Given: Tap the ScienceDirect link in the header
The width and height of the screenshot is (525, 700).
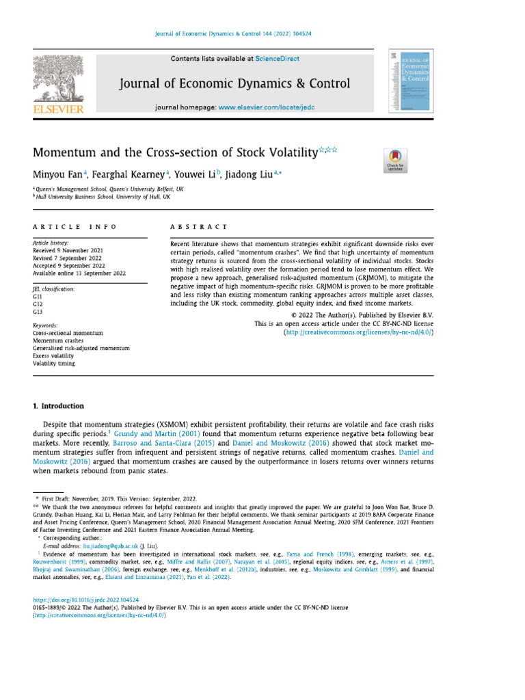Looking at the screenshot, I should coord(280,59).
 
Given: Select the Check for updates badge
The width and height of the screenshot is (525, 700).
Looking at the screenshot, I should coord(396,160).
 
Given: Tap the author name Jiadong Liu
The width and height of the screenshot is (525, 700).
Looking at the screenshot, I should coord(250,175).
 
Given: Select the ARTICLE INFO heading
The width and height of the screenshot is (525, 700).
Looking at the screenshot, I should coord(75,226).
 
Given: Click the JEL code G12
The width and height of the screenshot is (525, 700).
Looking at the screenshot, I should coord(38,304).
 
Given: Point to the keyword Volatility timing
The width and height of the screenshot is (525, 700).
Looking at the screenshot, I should coord(55,364).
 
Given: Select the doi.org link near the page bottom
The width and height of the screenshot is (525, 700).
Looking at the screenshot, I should coord(81,599).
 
